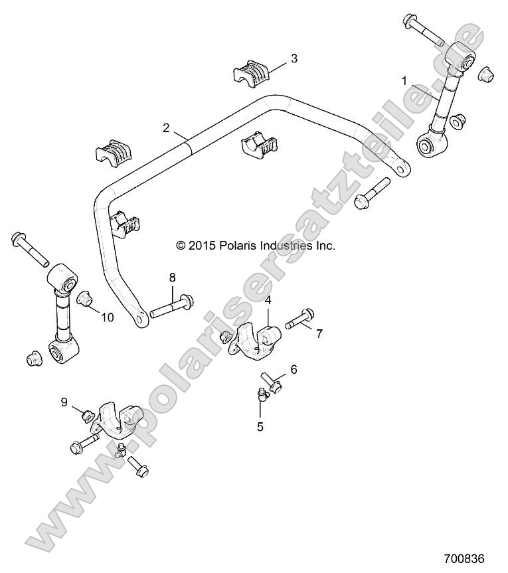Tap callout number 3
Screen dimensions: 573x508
pos(294,58)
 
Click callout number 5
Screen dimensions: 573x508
pos(260,426)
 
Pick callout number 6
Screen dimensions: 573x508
pos(293,369)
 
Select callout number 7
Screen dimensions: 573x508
pos(319,333)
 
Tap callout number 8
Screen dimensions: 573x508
pos(172,277)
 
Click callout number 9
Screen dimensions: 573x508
pos(64,401)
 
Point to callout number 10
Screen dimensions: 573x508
pos(107,317)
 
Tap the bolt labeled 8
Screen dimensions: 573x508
pos(171,307)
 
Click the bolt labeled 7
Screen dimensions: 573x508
pos(300,320)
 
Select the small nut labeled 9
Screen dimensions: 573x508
pos(87,416)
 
